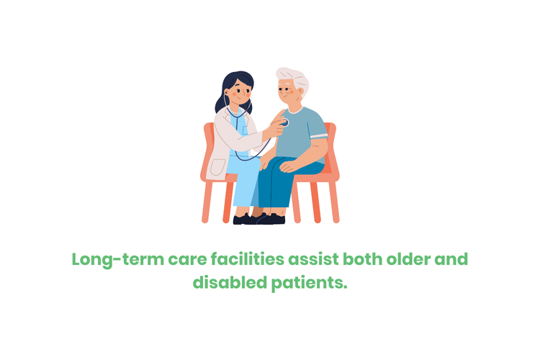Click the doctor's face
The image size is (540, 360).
click(240, 93)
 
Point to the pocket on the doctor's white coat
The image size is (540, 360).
click(216, 167)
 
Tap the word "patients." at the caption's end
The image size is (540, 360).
click(310, 283)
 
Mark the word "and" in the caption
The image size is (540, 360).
click(452, 259)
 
